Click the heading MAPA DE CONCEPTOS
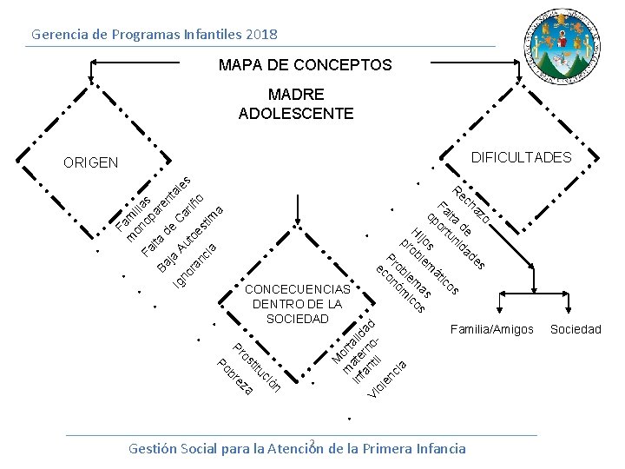[305, 66]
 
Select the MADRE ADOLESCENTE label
[295, 104]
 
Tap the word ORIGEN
[90, 162]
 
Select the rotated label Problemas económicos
[403, 283]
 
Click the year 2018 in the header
[261, 35]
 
